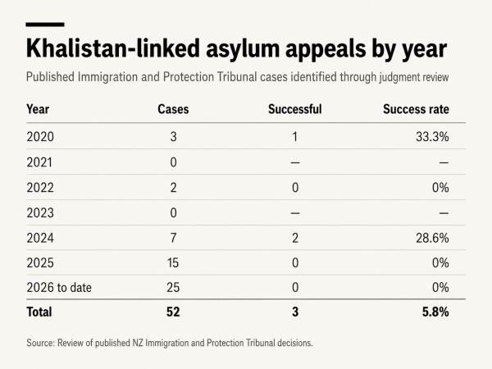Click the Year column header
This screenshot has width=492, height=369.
click(38, 109)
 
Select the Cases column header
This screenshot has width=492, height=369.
click(173, 109)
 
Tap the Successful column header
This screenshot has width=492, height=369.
click(295, 109)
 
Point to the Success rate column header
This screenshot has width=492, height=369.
click(416, 109)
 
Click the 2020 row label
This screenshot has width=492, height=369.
click(40, 137)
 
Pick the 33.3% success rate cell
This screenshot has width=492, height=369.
click(432, 137)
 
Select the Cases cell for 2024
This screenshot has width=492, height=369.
click(173, 238)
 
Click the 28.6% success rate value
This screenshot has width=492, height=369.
click(432, 238)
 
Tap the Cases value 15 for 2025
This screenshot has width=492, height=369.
click(173, 262)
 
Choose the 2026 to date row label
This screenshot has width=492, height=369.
click(59, 288)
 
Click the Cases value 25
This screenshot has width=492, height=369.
click(173, 288)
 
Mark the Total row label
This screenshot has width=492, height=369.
click(39, 312)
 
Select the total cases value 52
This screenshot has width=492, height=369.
click(173, 312)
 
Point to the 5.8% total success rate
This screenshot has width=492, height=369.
click(435, 312)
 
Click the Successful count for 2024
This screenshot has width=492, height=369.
click(295, 238)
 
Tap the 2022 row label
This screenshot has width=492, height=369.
click(40, 188)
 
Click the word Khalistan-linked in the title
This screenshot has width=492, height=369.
click(113, 48)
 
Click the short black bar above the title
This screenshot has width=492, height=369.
click(45, 25)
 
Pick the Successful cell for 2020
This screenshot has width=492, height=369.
click(295, 137)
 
